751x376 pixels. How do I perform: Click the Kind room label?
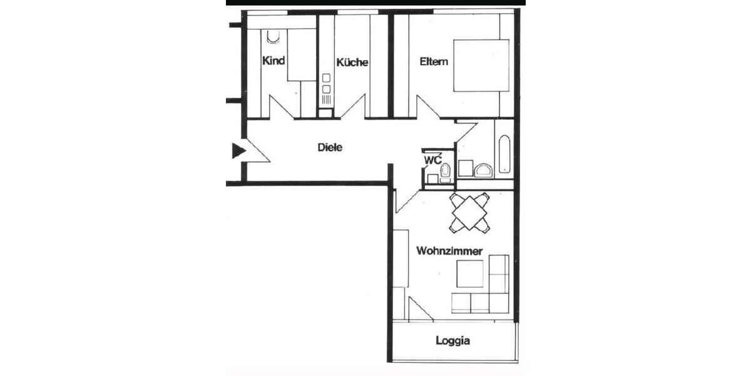click(273, 61)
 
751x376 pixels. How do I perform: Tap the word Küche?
click(352, 63)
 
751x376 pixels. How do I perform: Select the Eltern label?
click(434, 61)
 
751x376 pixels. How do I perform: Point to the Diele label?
click(330, 148)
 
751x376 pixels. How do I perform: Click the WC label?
click(432, 160)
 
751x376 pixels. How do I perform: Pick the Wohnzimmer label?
click(449, 251)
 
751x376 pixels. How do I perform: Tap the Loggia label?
click(452, 342)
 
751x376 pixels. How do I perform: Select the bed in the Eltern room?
click(481, 66)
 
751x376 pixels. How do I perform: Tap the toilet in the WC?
click(445, 171)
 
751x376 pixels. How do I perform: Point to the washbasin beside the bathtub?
click(483, 170)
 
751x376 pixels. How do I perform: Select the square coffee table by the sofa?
click(469, 273)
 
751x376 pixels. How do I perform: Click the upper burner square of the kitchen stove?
click(325, 78)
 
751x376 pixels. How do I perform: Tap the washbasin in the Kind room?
click(273, 37)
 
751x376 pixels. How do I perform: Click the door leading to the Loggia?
click(419, 309)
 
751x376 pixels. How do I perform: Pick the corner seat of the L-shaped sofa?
click(499, 303)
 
